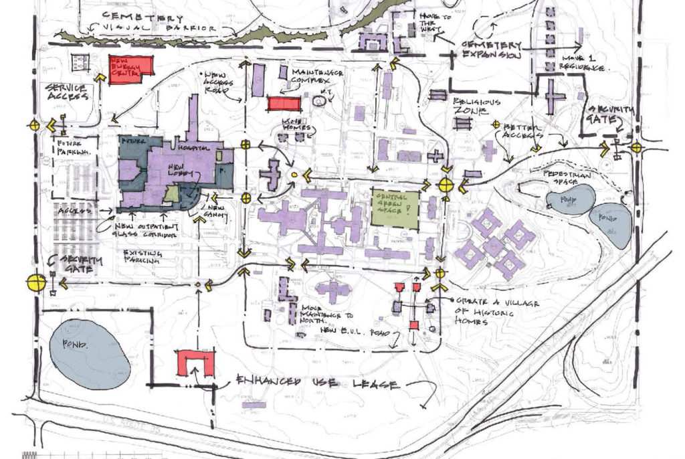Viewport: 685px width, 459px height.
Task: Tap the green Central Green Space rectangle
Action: (396, 209)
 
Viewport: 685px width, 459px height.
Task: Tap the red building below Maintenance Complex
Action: (282, 103)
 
